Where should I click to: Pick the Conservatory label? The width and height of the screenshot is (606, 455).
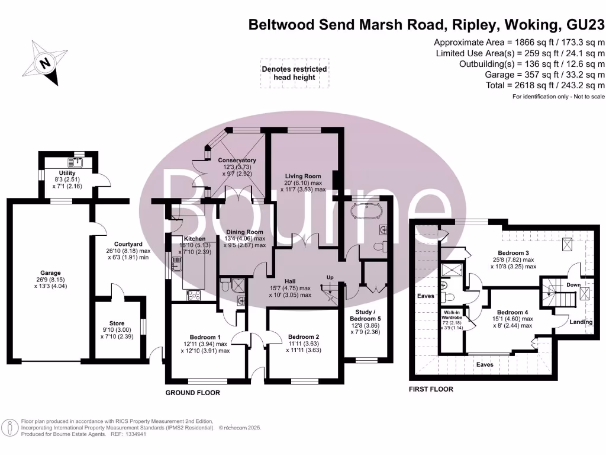coord(237,161)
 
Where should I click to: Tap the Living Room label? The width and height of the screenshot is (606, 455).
coord(302,176)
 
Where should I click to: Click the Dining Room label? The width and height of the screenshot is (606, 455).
coord(244,232)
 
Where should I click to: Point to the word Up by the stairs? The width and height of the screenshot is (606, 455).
coord(331,277)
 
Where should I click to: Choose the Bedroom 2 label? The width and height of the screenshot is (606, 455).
coord(304,337)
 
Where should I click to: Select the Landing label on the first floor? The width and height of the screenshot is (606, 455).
coord(581,322)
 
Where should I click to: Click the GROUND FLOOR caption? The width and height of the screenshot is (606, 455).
coord(192,393)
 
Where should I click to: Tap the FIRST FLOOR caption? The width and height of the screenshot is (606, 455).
coord(431,389)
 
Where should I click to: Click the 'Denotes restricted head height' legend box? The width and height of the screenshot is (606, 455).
coord(294,73)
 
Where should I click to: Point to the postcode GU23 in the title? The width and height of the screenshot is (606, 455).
coord(585,25)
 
